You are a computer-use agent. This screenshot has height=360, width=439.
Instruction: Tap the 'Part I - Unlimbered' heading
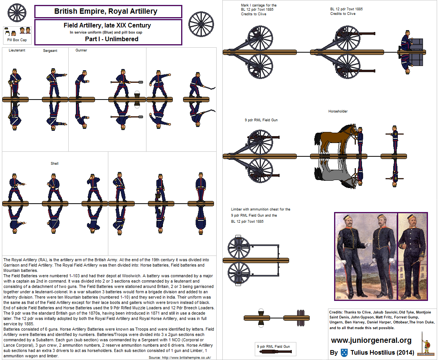pyautogui.click(x=111, y=39)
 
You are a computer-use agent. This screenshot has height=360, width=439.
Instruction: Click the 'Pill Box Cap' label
pyautogui.click(x=17, y=40)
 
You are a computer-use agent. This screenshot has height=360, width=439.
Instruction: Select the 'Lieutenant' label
pyautogui.click(x=17, y=50)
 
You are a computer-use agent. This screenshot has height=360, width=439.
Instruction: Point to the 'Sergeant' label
pyautogui.click(x=50, y=51)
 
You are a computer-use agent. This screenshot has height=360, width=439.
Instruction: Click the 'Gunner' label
pyautogui.click(x=81, y=50)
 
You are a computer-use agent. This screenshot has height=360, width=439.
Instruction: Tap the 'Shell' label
pyautogui.click(x=55, y=164)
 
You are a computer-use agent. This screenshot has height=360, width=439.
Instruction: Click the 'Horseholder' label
pyautogui.click(x=338, y=111)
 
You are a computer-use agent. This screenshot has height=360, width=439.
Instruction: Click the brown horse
pyautogui.click(x=334, y=139)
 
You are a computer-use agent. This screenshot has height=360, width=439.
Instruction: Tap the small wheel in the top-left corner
pyautogui.click(x=16, y=13)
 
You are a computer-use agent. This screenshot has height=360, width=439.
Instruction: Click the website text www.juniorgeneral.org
pyautogui.click(x=371, y=340)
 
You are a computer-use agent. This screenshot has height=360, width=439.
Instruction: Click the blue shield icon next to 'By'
pyautogui.click(x=344, y=352)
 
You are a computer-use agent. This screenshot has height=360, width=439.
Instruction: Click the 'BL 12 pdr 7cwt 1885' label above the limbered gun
pyautogui.click(x=346, y=9)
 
